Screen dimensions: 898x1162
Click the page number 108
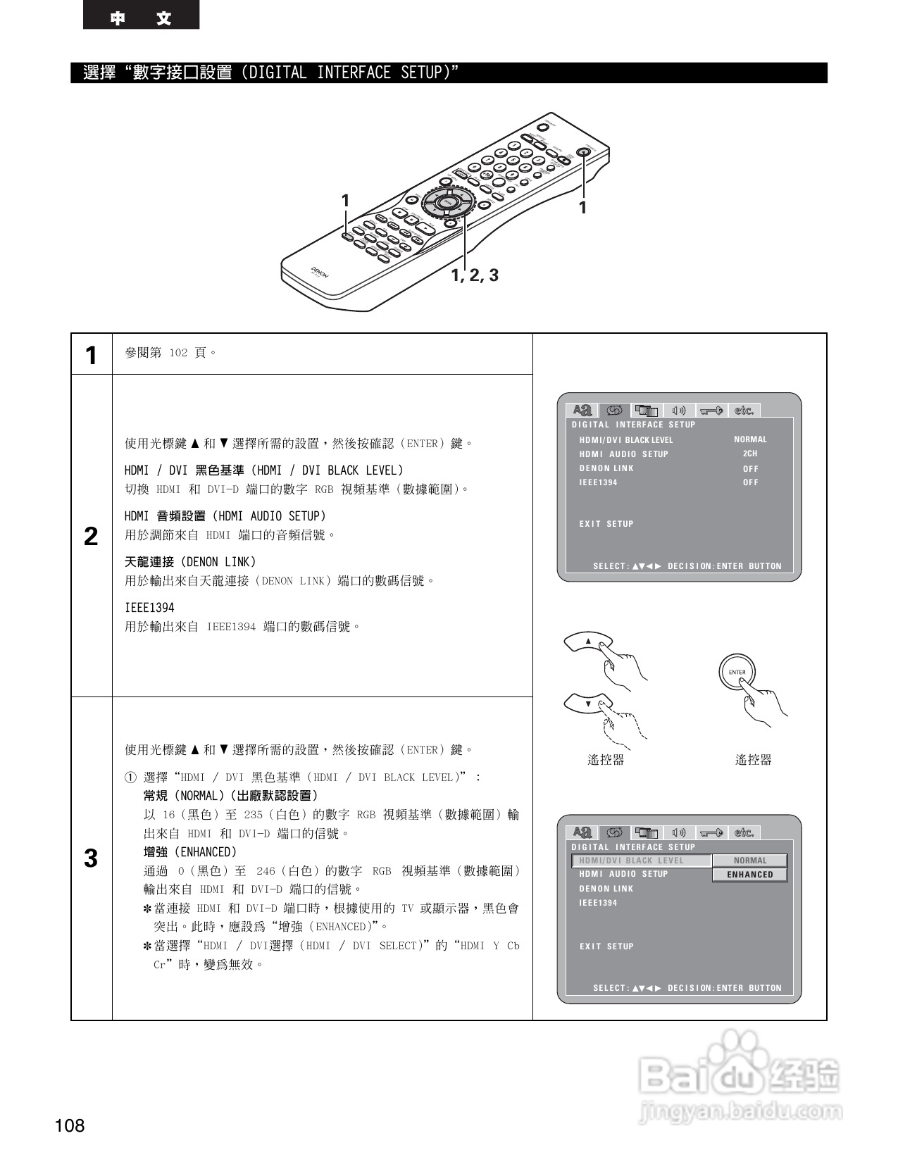point(70,1125)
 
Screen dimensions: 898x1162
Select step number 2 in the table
point(91,537)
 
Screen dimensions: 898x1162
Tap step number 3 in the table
point(91,858)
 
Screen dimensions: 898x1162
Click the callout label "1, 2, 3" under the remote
point(475,275)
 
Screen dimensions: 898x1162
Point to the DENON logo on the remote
point(320,273)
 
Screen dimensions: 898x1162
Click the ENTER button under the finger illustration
point(737,672)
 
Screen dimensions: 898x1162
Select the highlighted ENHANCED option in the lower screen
point(749,875)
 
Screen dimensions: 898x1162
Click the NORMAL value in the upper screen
point(750,439)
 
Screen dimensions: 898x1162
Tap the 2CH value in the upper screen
point(750,454)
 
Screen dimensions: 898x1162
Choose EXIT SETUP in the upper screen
point(606,524)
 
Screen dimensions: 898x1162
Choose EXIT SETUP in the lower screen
point(606,947)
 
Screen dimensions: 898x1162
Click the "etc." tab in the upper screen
point(744,411)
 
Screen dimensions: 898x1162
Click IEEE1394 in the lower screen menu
point(598,903)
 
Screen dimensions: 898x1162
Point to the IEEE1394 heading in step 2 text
point(149,608)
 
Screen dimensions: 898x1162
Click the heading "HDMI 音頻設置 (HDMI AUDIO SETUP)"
point(225,516)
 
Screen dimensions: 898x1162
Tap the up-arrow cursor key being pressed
point(588,641)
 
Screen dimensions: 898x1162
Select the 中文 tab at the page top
point(141,18)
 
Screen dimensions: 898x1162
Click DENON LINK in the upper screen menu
point(606,468)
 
